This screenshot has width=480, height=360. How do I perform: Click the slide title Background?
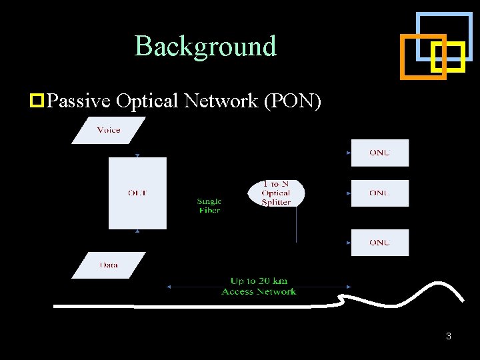(x=205, y=46)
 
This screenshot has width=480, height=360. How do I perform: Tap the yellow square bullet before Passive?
(x=37, y=101)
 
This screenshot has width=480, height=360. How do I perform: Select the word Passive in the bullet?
(x=79, y=101)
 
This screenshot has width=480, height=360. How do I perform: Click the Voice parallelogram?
(x=108, y=130)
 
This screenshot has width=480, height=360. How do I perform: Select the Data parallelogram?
(x=108, y=265)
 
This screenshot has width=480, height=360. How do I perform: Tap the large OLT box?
(x=137, y=193)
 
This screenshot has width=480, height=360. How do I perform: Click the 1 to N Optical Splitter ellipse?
(x=276, y=193)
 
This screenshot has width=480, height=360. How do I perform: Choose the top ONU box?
(x=379, y=153)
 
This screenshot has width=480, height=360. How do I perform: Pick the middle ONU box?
(x=379, y=193)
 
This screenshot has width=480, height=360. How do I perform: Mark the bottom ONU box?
(x=379, y=243)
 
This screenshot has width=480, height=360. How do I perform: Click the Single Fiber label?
(x=209, y=205)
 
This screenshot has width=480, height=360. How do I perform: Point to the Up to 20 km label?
(x=259, y=281)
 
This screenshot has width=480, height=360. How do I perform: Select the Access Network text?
(x=259, y=291)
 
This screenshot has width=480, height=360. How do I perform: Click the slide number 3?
(x=449, y=336)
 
